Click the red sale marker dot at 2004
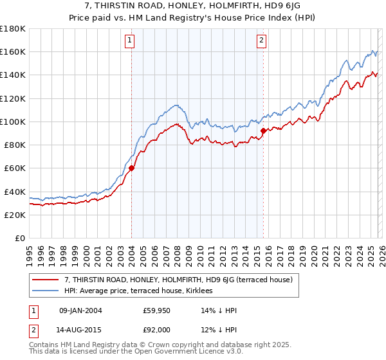click(x=131, y=168)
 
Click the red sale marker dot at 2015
click(x=263, y=131)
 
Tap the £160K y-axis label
click(x=13, y=51)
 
